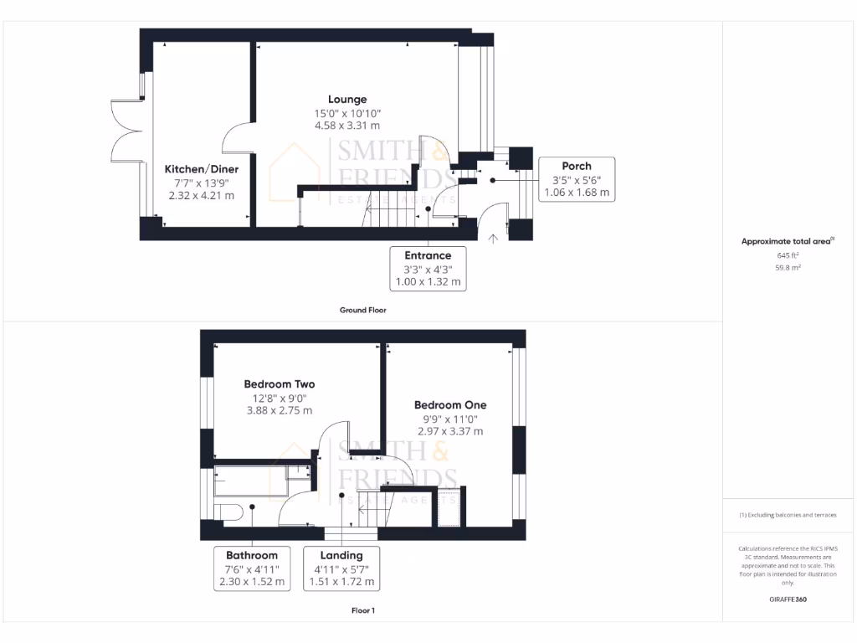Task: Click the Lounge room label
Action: click(x=346, y=100)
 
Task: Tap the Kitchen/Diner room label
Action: click(x=201, y=169)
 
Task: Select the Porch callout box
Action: click(x=577, y=178)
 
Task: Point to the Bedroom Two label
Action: click(x=280, y=384)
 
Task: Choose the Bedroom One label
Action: click(x=450, y=404)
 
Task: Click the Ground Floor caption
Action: click(x=362, y=310)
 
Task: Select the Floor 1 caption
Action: click(x=362, y=610)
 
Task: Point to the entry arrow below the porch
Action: click(x=493, y=239)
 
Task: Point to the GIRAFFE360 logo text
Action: click(x=788, y=599)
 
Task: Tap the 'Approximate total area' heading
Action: click(x=787, y=241)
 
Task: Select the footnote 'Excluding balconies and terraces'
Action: click(x=788, y=515)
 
